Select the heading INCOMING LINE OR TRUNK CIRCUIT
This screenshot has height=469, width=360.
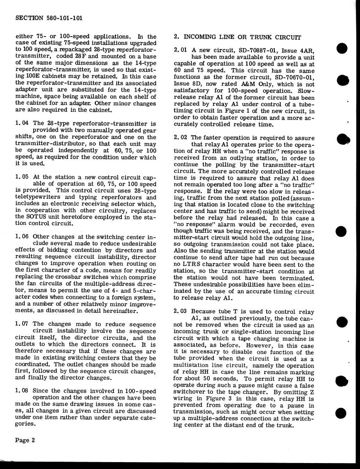point(242,37)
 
